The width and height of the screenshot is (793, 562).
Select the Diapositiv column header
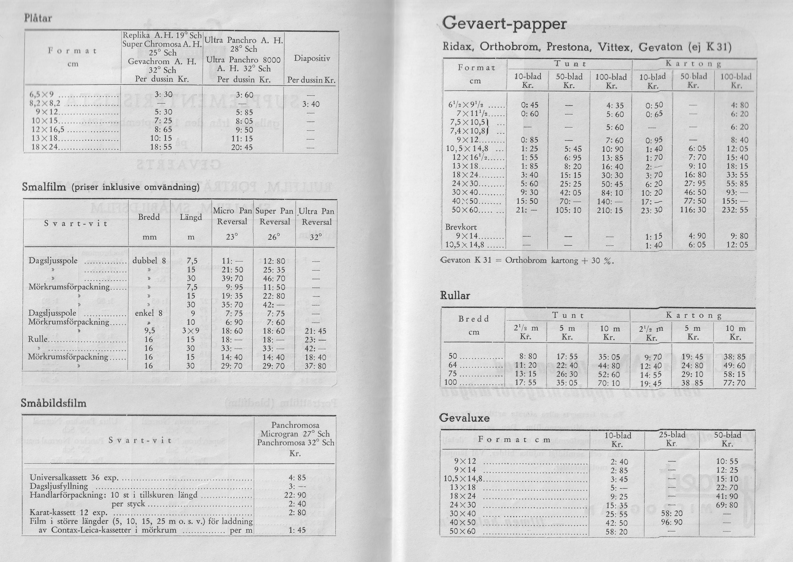pos(312,59)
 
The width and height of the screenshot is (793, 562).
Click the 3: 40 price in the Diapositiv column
pos(311,104)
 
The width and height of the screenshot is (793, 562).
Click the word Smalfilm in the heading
pos(44,187)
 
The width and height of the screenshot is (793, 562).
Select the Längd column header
pos(191,217)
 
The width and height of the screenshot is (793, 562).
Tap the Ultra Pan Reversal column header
pos(316,217)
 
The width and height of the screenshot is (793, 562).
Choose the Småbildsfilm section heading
pos(54,403)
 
